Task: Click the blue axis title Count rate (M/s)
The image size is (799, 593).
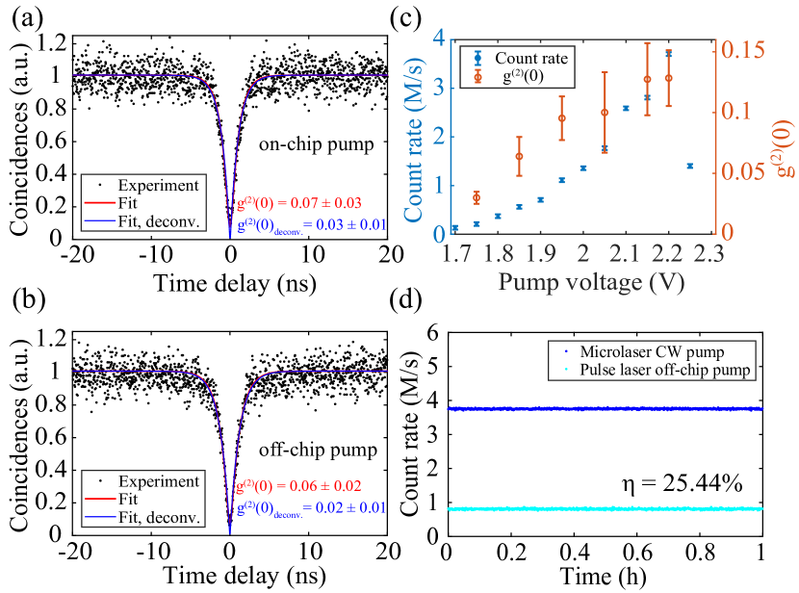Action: click(x=416, y=139)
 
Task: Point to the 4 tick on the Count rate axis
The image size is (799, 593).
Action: click(x=438, y=39)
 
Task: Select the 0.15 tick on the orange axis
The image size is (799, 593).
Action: click(x=741, y=49)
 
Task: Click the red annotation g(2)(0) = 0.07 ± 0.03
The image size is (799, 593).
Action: click(x=299, y=203)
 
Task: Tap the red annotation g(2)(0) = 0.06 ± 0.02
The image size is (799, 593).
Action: click(x=299, y=486)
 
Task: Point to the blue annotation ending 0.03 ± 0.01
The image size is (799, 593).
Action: click(x=310, y=225)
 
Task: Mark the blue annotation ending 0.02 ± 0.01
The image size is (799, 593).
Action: click(x=310, y=506)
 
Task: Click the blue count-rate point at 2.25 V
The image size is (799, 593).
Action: click(x=689, y=166)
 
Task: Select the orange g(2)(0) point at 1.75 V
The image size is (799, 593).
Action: click(x=477, y=197)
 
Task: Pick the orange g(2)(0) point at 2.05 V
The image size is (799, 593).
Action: click(x=605, y=113)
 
